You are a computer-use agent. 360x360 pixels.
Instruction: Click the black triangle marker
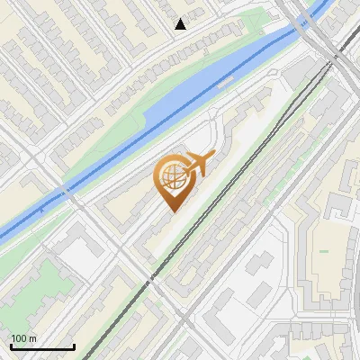point(180,24)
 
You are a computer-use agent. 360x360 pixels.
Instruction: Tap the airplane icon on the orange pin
point(199,164)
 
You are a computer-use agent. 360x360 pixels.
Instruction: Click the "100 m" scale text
point(24,338)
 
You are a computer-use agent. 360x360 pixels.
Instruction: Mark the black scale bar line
point(42,346)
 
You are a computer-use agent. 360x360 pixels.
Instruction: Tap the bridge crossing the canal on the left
point(66,192)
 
